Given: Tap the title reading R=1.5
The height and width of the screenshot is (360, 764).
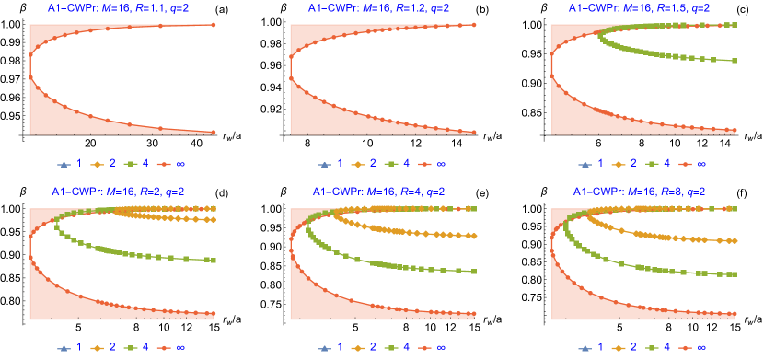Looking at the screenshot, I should (642, 8).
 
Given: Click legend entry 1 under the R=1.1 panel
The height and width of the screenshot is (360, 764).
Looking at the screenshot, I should (71, 163).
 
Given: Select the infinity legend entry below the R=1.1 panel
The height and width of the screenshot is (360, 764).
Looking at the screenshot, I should (172, 163).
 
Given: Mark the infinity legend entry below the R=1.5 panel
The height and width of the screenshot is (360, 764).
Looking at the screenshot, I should (694, 163).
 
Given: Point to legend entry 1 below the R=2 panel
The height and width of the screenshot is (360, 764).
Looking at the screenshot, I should (71, 347).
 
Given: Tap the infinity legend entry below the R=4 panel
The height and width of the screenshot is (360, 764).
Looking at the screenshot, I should (433, 347).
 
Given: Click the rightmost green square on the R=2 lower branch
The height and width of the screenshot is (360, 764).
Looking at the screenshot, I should (213, 261).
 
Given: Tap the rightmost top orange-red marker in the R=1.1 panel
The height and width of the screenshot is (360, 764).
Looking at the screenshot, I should (213, 25).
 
